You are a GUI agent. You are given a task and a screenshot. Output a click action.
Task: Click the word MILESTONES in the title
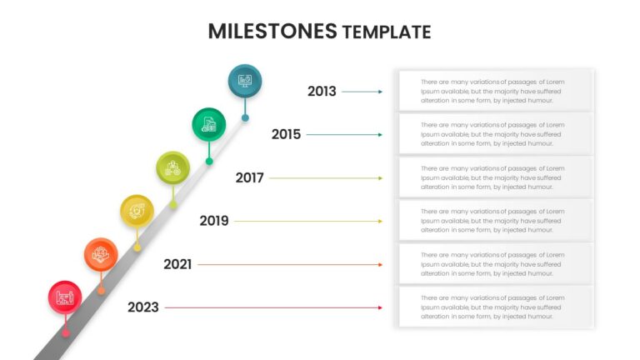click(x=272, y=32)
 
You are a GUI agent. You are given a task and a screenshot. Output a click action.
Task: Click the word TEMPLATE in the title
click(x=387, y=32)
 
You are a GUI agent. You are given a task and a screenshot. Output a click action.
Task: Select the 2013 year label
click(x=322, y=92)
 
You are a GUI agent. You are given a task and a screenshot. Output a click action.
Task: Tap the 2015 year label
click(x=286, y=134)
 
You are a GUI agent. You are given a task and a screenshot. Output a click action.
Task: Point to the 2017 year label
click(x=249, y=178)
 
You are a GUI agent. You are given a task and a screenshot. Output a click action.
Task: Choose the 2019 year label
click(x=214, y=221)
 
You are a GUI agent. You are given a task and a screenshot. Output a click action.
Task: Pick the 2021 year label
click(x=177, y=264)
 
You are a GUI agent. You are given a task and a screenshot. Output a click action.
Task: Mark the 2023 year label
click(x=142, y=307)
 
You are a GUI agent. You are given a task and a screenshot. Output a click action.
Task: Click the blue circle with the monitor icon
click(x=245, y=81)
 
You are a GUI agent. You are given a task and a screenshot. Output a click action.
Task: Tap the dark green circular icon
click(x=209, y=124)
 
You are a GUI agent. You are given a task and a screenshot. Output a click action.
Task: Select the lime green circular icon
click(x=173, y=167)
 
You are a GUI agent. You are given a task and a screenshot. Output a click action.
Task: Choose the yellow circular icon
click(x=137, y=212)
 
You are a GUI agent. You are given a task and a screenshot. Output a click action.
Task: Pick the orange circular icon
click(x=101, y=255)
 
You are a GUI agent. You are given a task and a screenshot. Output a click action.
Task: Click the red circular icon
click(x=65, y=297)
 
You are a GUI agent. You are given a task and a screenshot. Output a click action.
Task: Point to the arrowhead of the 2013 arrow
click(x=380, y=92)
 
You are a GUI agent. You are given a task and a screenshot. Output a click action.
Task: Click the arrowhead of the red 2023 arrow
click(x=380, y=307)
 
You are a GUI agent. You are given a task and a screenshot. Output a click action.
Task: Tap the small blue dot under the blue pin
click(x=245, y=118)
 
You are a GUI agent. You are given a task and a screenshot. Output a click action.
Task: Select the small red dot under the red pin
click(x=66, y=333)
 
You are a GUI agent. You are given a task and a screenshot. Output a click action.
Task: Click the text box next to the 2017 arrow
click(x=496, y=177)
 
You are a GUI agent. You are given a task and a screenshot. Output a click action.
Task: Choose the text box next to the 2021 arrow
click(x=496, y=264)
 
